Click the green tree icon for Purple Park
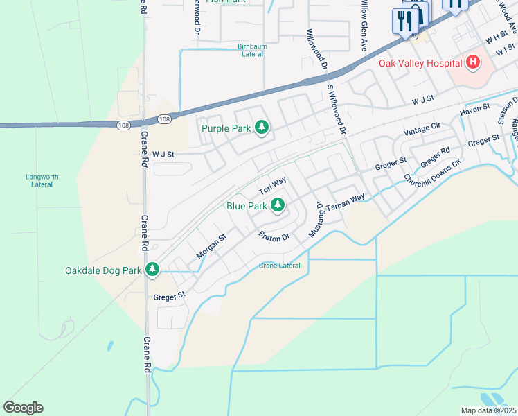tap(262, 128)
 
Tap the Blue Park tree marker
tap(277, 205)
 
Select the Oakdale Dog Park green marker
tap(152, 270)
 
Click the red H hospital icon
tap(473, 63)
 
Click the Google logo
tap(23, 407)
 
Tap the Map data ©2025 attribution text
tap(488, 410)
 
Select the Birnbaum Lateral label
tap(252, 51)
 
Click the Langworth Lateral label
tap(42, 180)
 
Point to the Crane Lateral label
tap(280, 266)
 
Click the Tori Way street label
tap(272, 186)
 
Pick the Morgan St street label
tap(211, 247)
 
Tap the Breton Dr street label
tap(274, 238)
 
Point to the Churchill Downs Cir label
tap(433, 173)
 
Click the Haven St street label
tap(475, 110)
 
